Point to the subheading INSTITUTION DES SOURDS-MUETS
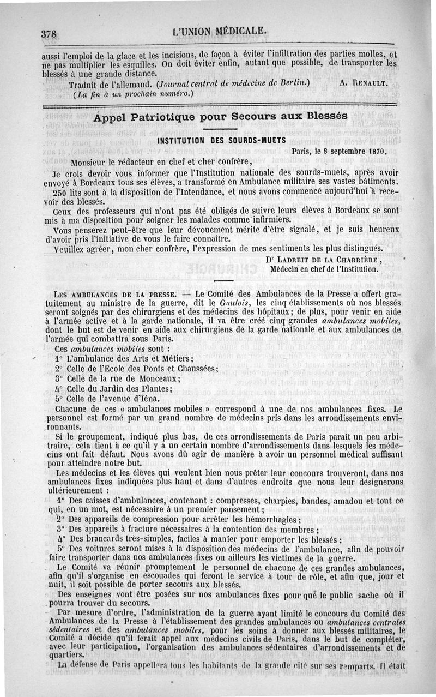[221, 140]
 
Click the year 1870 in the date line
[375, 150]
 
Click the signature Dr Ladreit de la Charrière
[323, 260]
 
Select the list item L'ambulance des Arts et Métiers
[130, 358]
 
